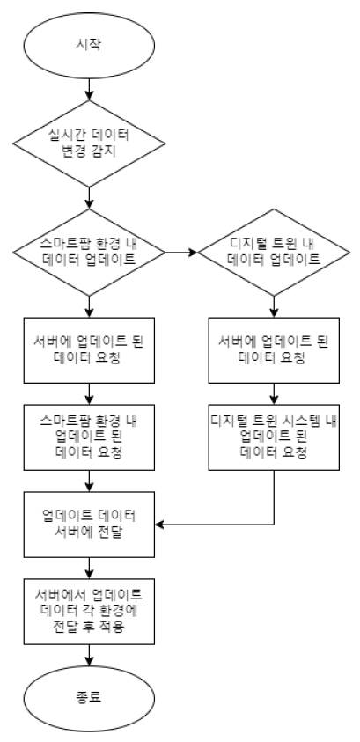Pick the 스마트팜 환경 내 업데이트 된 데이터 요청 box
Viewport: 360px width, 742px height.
pos(90,437)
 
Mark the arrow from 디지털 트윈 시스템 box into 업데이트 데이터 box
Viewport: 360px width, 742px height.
pos(220,526)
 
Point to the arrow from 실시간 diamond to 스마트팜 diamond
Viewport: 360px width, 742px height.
pos(90,201)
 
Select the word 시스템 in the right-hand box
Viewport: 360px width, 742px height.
pos(289,421)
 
